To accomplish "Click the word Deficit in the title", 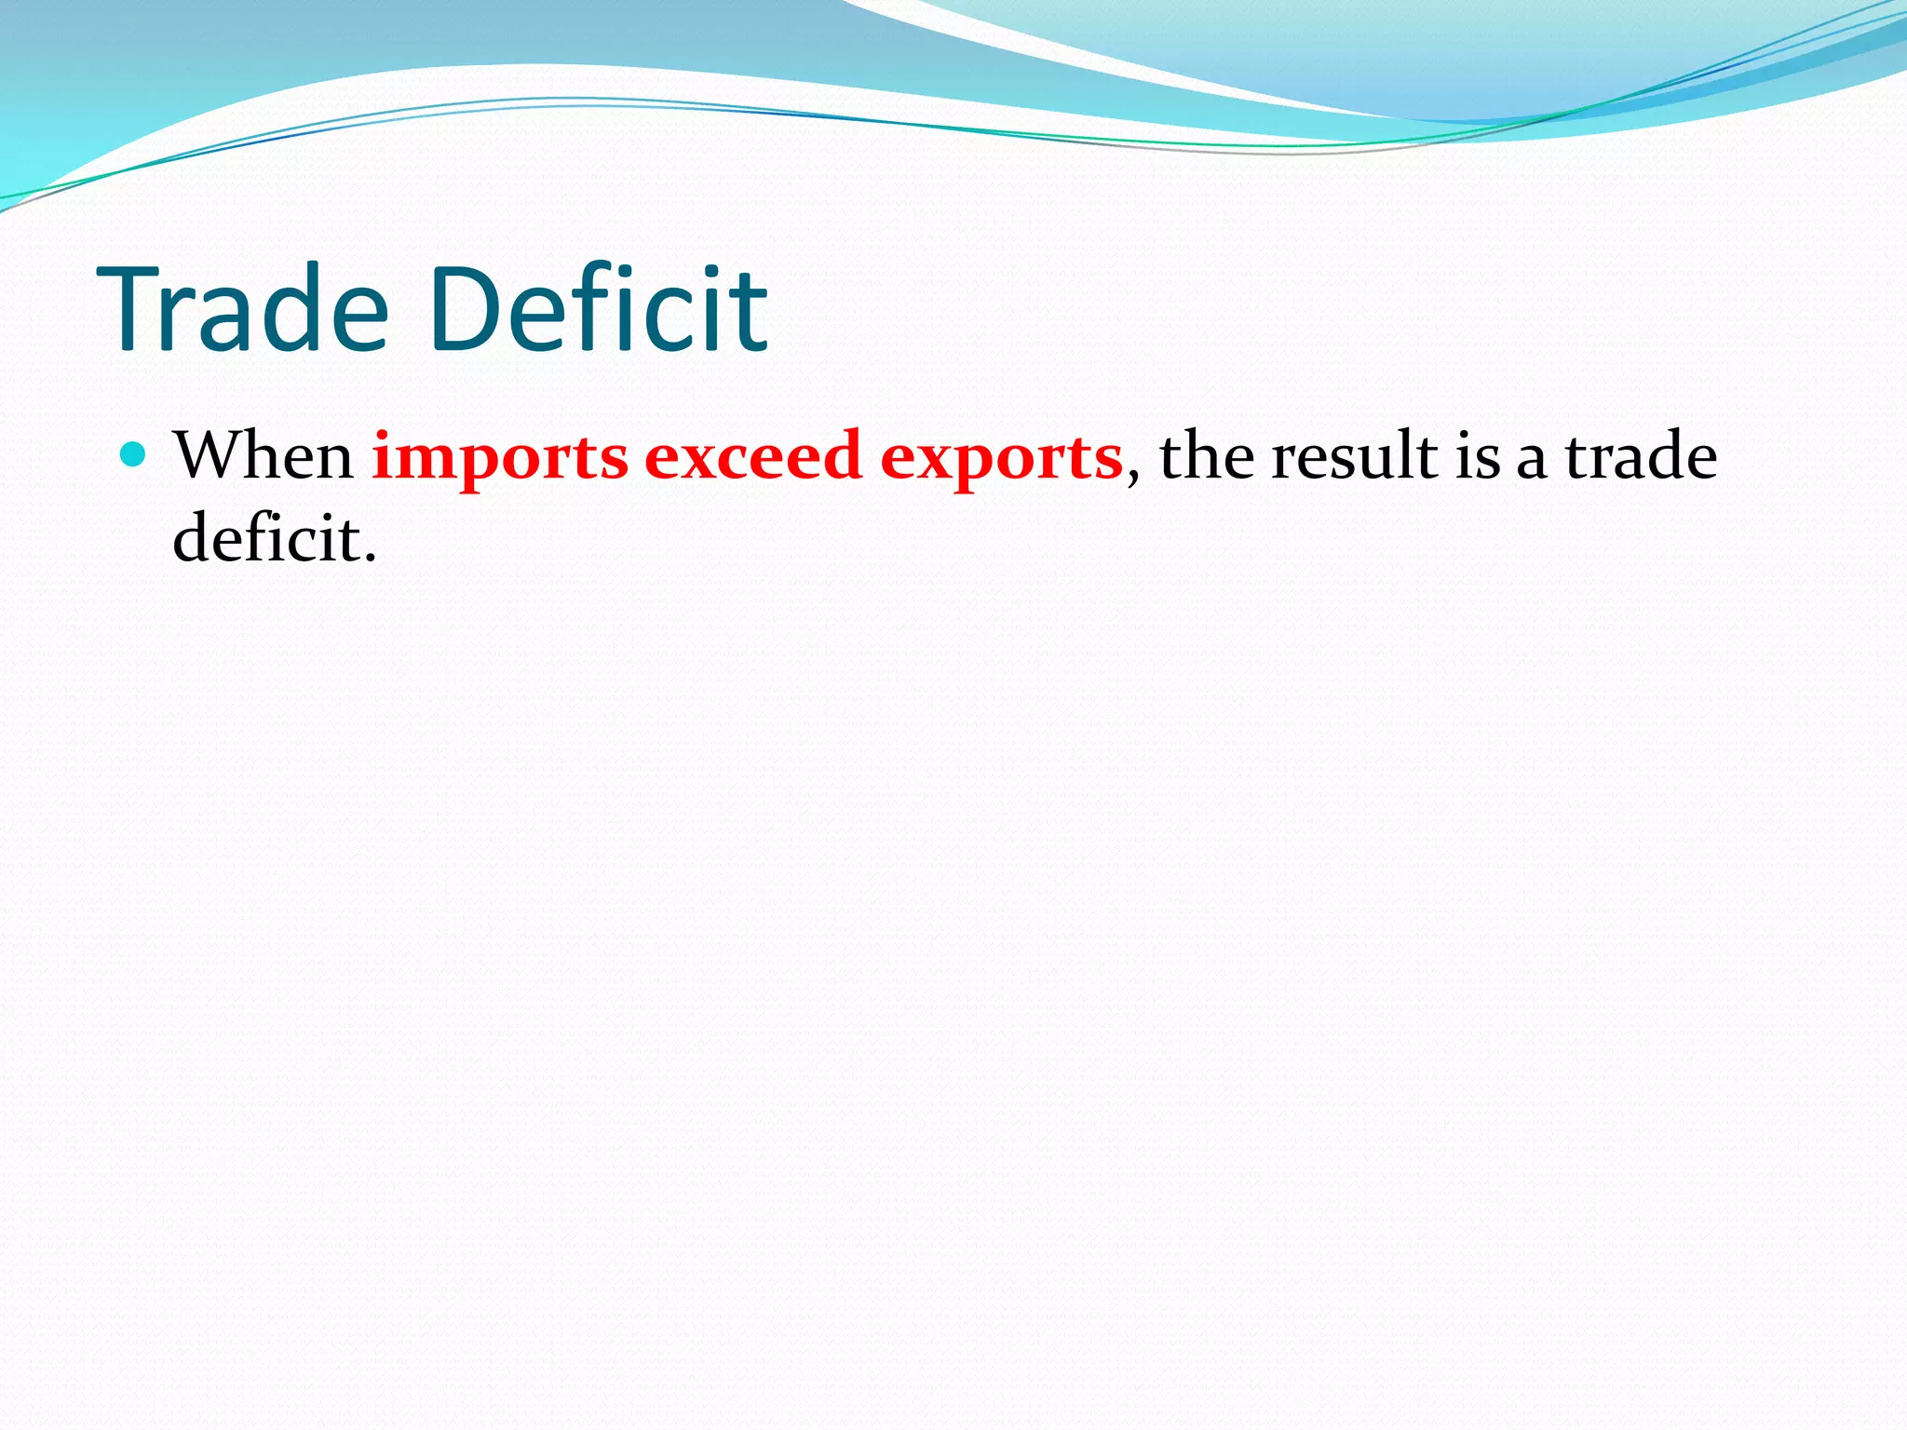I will coord(599,309).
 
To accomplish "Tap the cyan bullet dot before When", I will coord(134,455).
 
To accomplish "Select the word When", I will coord(264,456).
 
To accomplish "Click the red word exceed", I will coord(753,456).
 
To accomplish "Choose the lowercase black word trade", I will coord(1641,456).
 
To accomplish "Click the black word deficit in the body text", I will coord(266,538).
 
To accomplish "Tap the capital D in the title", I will coord(465,309).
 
